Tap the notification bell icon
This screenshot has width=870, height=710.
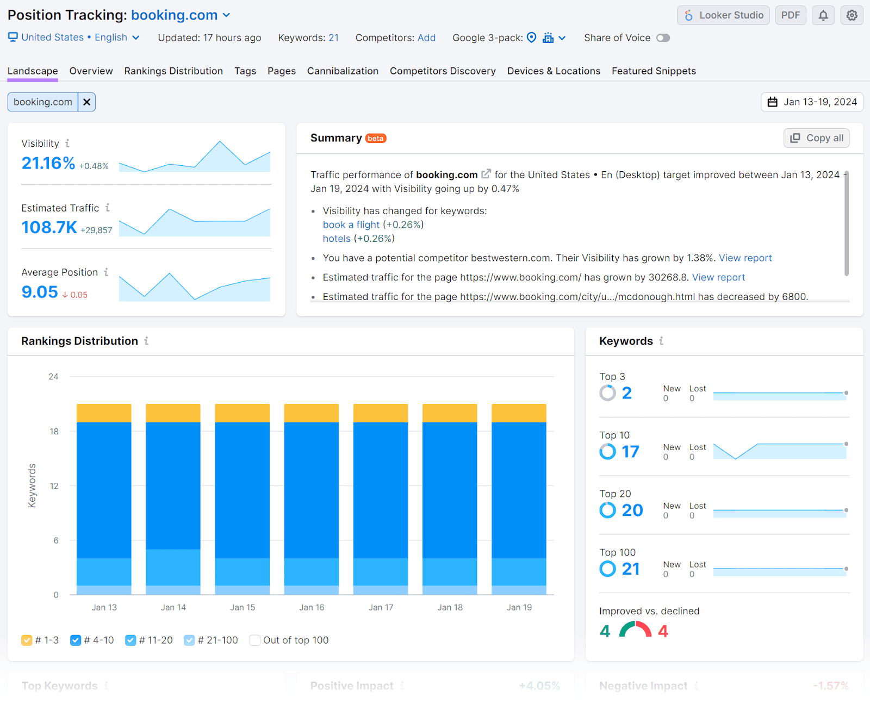click(823, 15)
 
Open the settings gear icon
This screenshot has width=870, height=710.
click(852, 15)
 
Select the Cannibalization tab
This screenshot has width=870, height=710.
click(343, 71)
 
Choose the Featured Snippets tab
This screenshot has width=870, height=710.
click(654, 71)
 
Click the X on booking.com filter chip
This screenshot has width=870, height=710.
click(87, 102)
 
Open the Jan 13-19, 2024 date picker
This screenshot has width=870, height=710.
click(812, 102)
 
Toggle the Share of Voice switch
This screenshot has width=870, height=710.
click(663, 38)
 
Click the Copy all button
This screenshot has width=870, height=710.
click(816, 138)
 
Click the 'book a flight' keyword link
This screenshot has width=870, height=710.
click(351, 225)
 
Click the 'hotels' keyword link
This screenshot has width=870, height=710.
click(337, 239)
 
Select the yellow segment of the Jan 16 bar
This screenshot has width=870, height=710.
click(312, 413)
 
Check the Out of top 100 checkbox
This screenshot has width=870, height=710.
click(254, 640)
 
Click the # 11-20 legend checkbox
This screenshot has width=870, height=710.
click(130, 640)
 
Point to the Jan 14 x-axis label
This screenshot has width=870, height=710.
click(173, 607)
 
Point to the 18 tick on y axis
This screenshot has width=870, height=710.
click(54, 432)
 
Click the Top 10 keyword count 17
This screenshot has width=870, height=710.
click(630, 452)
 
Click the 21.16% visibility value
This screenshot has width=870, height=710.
click(48, 163)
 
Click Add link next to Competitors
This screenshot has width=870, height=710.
click(426, 38)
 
